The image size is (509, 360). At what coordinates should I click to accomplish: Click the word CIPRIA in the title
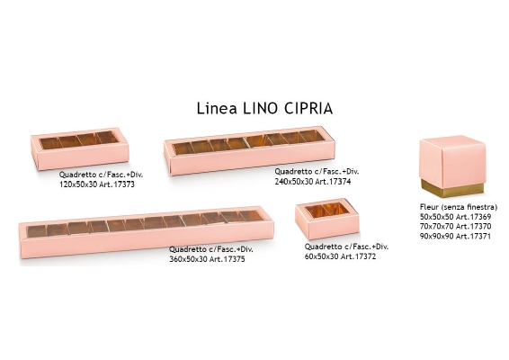coord(308,109)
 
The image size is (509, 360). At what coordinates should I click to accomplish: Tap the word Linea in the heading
coord(217,109)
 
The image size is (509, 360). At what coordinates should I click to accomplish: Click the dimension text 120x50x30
coord(78,184)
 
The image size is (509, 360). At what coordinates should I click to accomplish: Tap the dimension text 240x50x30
coord(294,182)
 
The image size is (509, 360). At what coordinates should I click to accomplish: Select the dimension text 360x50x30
coord(188,259)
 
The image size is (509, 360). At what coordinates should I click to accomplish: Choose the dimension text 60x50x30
coord(321,256)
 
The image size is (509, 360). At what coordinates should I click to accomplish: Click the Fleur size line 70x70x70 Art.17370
coord(455,227)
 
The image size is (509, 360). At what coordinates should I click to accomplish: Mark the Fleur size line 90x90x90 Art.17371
coord(455,236)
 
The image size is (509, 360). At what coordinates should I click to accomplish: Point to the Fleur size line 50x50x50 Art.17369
coord(455,217)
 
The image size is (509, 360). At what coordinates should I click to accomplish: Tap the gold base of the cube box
coord(453,189)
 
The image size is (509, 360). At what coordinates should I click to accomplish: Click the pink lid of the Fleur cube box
coord(452,161)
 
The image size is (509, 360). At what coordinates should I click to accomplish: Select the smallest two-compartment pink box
coord(327,219)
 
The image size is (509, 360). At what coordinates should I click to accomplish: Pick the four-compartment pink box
coord(80,148)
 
